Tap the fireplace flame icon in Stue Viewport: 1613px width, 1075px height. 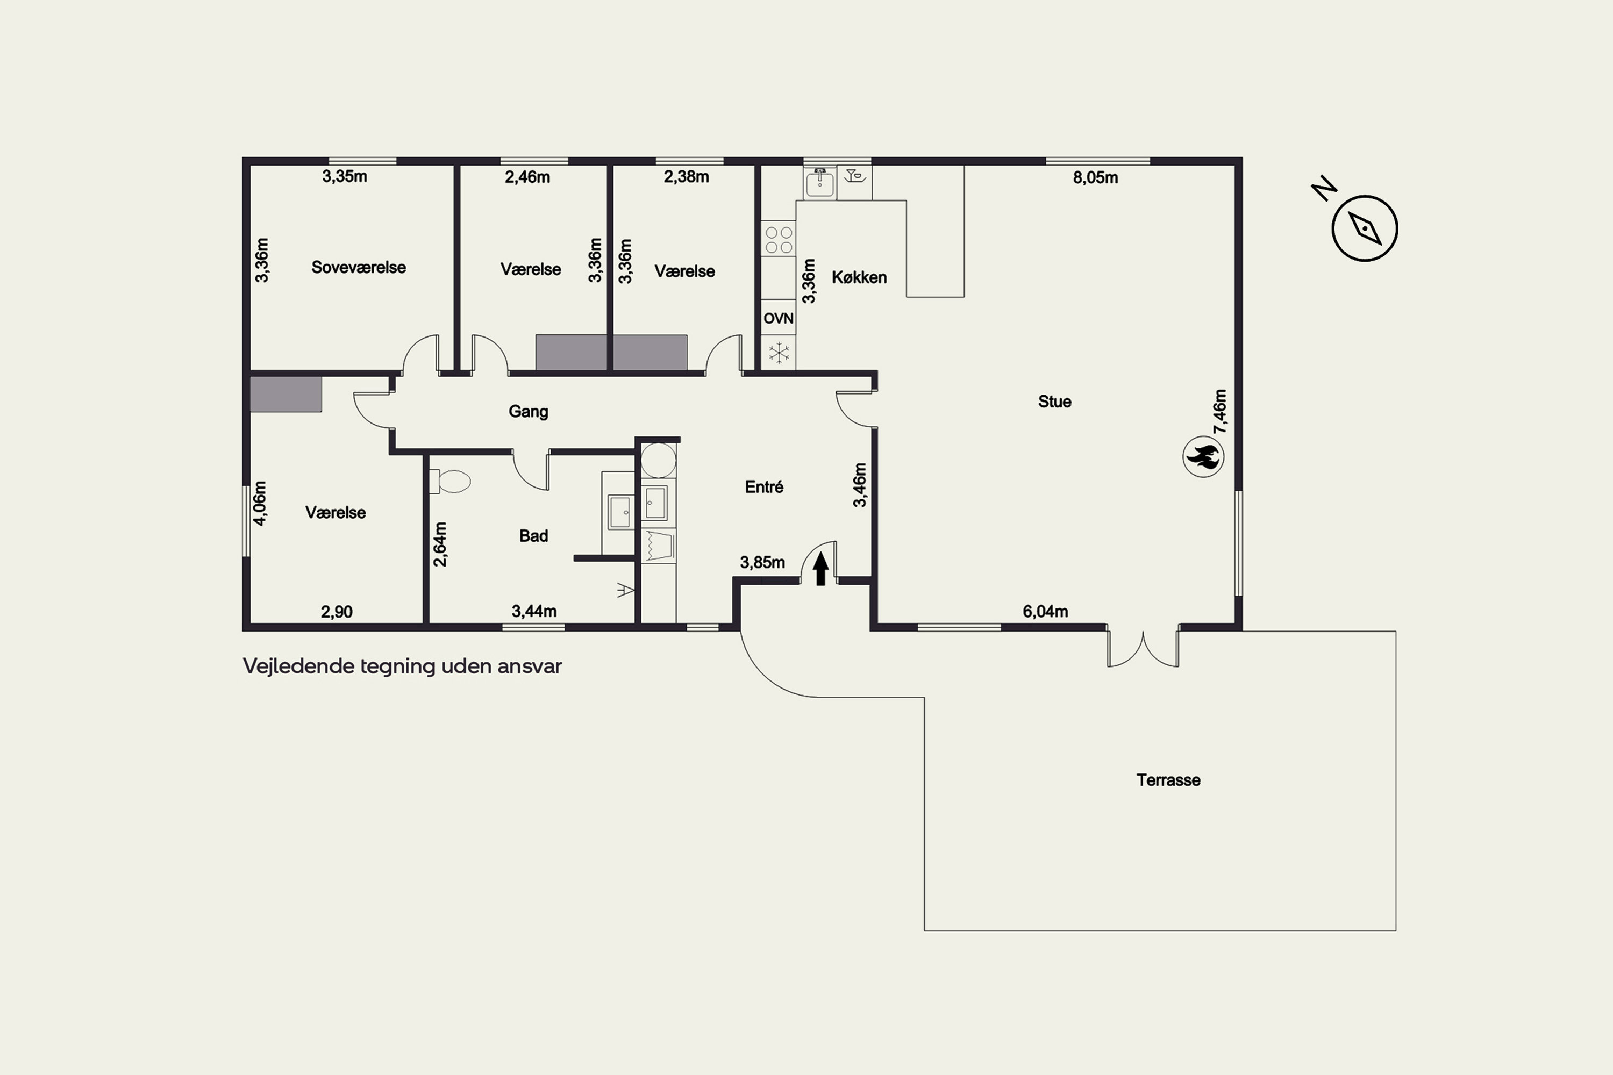point(1203,456)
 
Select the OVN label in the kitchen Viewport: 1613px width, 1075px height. point(779,318)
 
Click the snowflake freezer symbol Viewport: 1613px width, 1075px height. point(779,353)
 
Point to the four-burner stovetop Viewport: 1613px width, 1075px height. point(779,239)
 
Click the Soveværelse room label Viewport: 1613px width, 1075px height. point(359,267)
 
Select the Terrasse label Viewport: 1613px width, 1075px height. point(1168,780)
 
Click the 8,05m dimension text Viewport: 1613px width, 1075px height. point(1095,177)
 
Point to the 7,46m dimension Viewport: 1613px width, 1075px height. point(1219,411)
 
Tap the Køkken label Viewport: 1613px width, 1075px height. point(859,278)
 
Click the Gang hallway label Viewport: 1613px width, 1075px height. point(528,411)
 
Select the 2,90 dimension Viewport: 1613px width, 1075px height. point(337,612)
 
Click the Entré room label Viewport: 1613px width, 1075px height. point(764,487)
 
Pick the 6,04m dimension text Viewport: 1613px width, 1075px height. point(1045,612)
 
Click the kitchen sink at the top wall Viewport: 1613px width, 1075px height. point(819,182)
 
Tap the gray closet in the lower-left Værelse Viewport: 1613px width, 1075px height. point(286,394)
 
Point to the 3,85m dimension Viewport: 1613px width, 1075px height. point(762,563)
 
